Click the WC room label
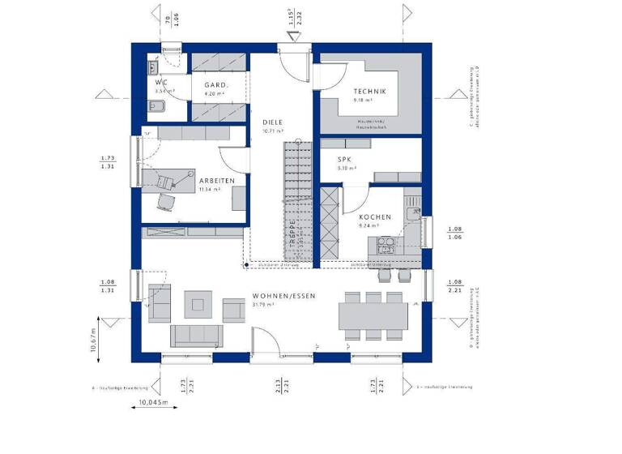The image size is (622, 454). click(x=162, y=83)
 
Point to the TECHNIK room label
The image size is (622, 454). click(x=369, y=92)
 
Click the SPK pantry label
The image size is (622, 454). click(x=345, y=160)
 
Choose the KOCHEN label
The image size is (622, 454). click(x=376, y=217)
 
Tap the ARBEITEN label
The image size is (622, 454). click(x=218, y=181)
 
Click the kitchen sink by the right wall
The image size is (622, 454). click(x=415, y=213)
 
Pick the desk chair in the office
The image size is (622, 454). click(x=167, y=200)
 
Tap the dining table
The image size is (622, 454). click(x=373, y=312)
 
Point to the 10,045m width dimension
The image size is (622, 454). click(x=151, y=403)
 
